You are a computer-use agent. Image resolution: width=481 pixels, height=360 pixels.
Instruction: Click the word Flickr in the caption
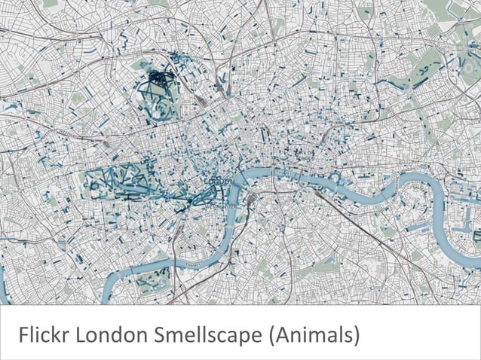[41, 332]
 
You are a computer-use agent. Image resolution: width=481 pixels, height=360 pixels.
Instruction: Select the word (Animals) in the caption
[311, 332]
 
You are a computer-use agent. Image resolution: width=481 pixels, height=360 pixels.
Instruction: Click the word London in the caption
[103, 332]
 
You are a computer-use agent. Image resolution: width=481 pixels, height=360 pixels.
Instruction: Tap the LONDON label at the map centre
[220, 182]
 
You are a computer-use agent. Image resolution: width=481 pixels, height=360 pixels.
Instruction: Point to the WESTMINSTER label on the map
[219, 205]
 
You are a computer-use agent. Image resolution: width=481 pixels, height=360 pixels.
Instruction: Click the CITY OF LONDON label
[305, 155]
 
